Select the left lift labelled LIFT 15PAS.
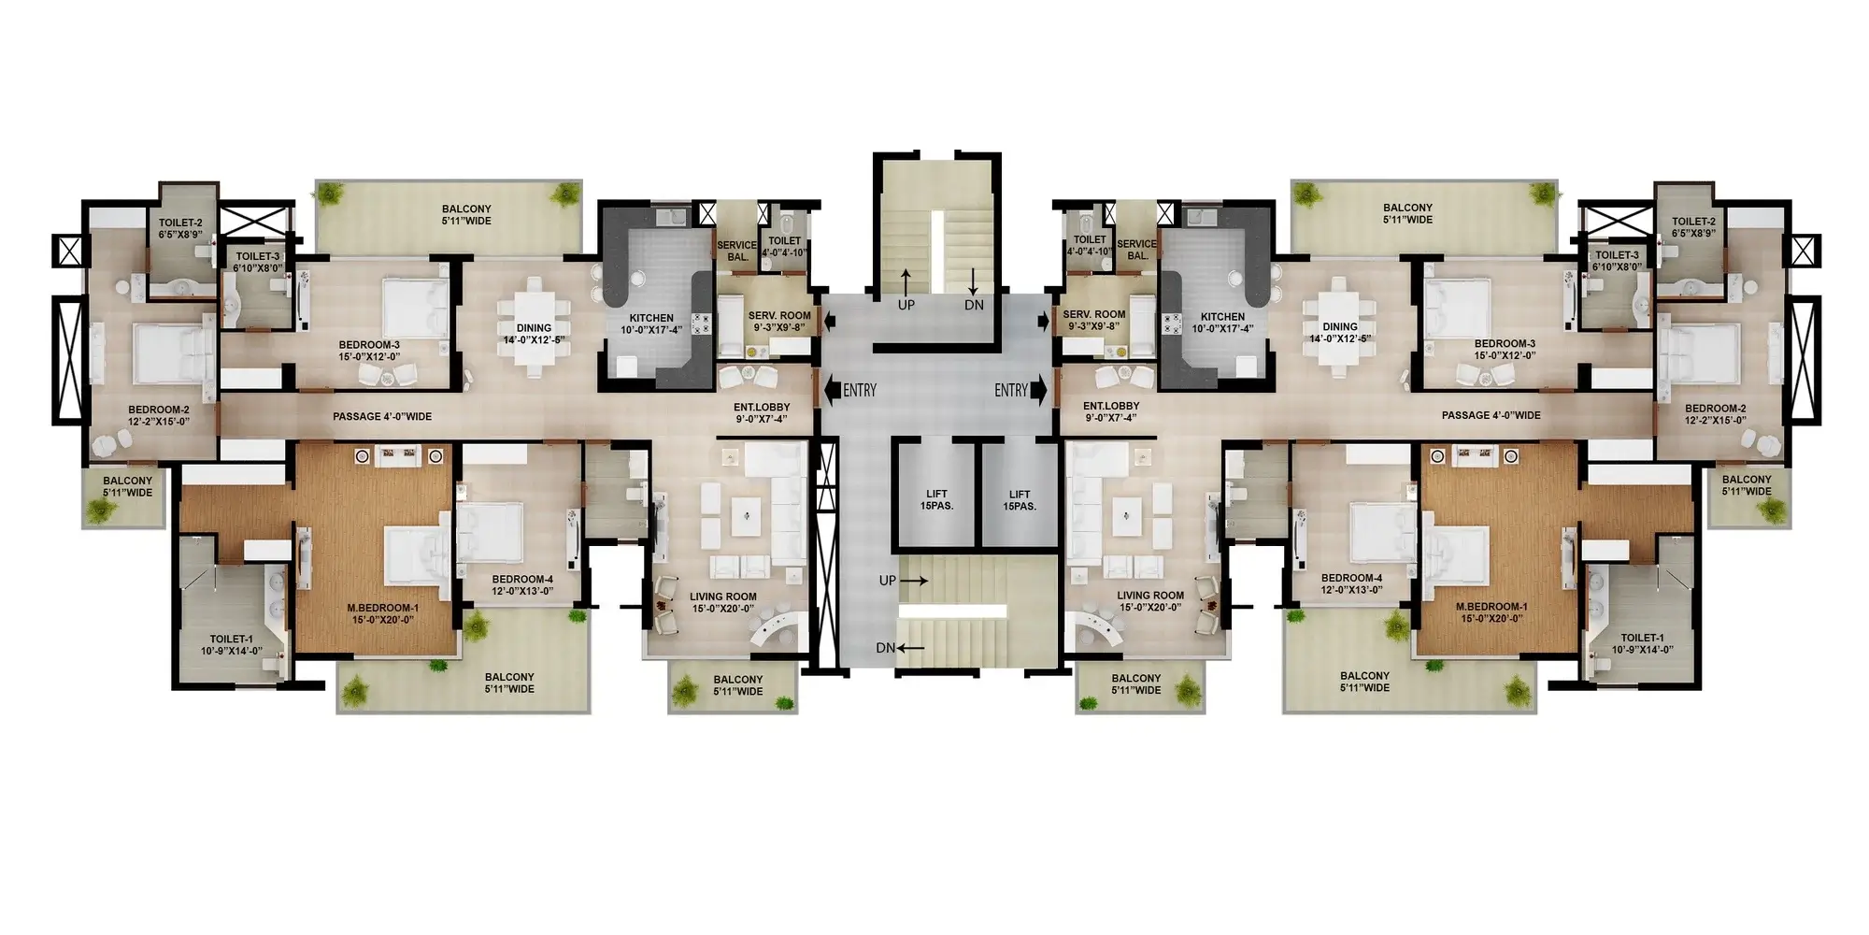tap(936, 500)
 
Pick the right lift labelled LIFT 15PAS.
tap(1020, 500)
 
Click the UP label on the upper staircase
tap(906, 305)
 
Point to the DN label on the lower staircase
tap(886, 648)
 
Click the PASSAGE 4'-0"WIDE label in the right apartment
tap(1491, 415)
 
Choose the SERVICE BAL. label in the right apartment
tap(1137, 250)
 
